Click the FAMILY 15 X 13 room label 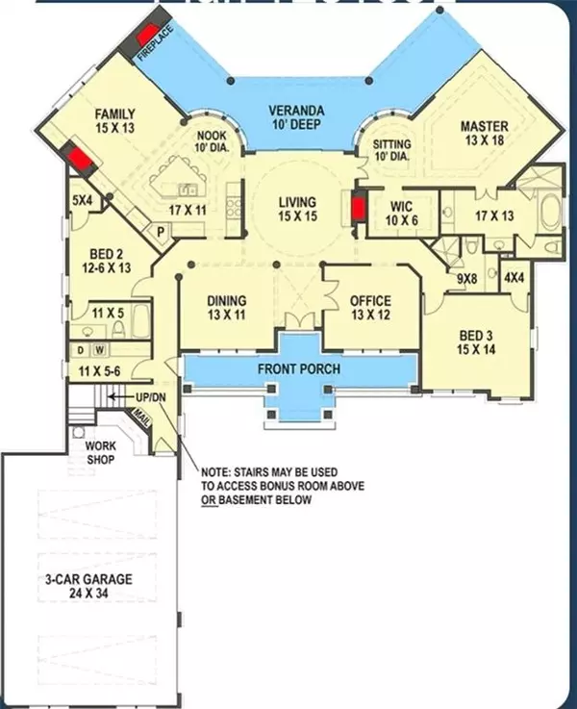point(114,120)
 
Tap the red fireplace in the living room point(358,208)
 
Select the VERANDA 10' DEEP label point(297,117)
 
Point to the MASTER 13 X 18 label point(485,133)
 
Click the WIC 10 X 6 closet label point(401,214)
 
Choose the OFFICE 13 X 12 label point(370,308)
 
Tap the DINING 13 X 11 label point(227,308)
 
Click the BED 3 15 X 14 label point(476,342)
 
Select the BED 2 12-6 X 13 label point(107,261)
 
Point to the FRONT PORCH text point(299,369)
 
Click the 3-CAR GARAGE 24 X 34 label point(88,586)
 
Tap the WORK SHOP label point(101,452)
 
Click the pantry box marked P point(161,232)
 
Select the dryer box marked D point(81,350)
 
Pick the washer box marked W point(100,350)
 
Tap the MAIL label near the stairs point(141,418)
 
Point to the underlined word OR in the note point(210,499)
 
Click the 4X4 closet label point(514,278)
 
